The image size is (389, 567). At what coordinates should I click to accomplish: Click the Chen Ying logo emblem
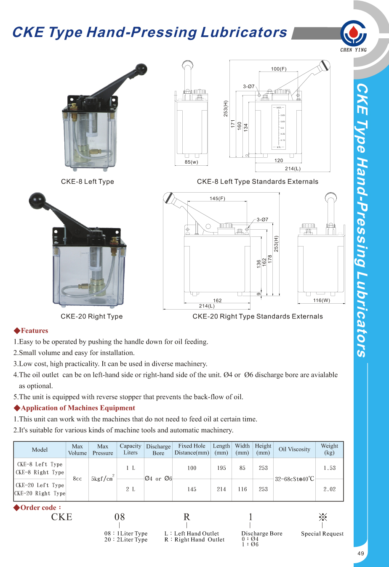click(x=354, y=33)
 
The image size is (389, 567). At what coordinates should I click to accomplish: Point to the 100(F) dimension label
click(x=279, y=69)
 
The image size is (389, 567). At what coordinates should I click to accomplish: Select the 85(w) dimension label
click(x=191, y=162)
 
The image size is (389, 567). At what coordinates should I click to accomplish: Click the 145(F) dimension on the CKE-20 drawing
click(x=217, y=199)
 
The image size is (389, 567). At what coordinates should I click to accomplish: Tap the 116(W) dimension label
click(x=322, y=300)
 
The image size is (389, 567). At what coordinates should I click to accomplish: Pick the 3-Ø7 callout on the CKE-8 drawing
click(x=249, y=86)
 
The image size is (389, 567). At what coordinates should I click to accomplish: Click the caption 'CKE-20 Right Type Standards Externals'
click(x=258, y=316)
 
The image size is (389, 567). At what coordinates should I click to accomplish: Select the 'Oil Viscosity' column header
click(x=294, y=449)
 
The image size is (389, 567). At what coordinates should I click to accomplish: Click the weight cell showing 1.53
click(x=329, y=468)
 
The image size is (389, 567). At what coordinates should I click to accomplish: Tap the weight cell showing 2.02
click(x=329, y=489)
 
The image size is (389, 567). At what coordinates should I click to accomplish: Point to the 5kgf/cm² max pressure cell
click(x=103, y=479)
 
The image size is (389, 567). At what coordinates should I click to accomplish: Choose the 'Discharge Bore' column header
click(x=158, y=450)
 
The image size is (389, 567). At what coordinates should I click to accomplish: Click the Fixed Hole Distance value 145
click(x=192, y=489)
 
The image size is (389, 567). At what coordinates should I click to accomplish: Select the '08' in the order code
click(x=120, y=517)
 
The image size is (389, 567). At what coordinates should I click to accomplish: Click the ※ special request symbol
click(x=323, y=517)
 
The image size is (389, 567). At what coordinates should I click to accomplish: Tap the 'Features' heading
click(x=34, y=331)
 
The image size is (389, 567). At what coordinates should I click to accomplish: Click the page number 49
click(x=361, y=554)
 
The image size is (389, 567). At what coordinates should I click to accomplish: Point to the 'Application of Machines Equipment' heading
click(x=78, y=408)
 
